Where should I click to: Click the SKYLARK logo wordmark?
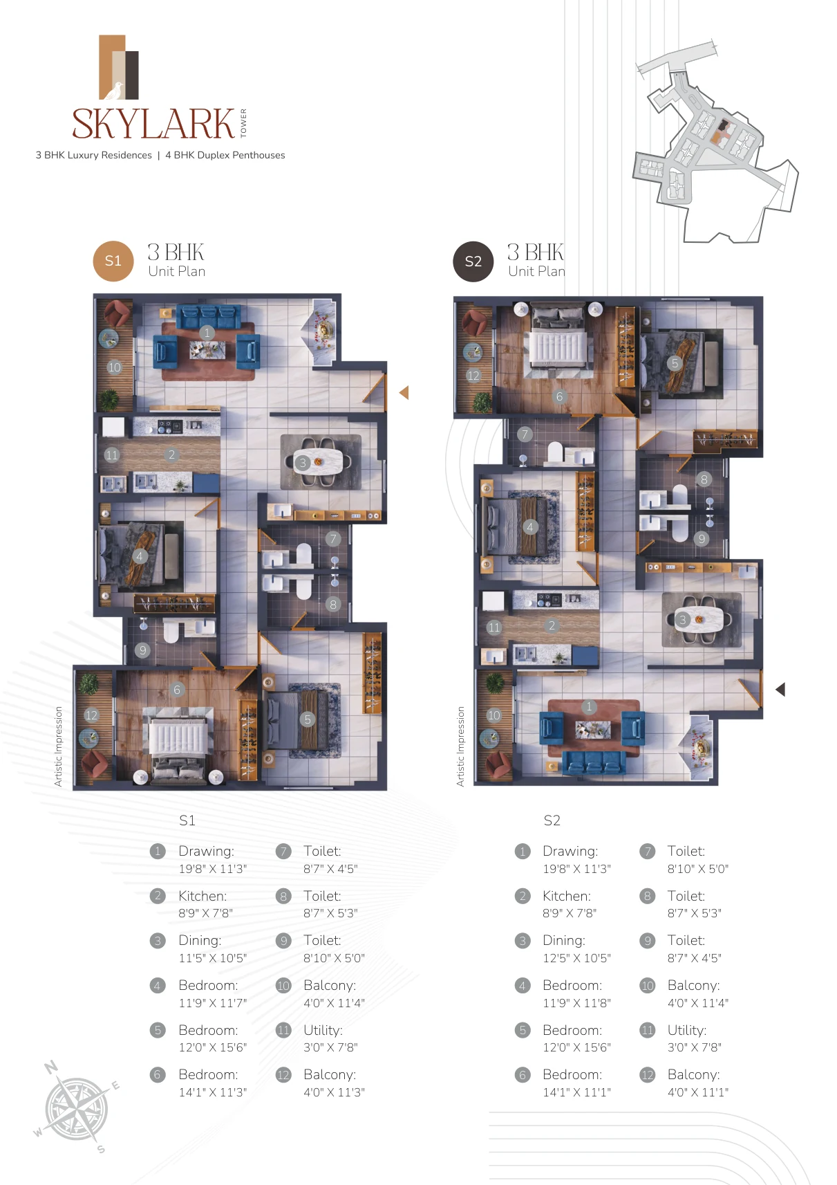(153, 124)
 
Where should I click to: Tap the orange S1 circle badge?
(113, 261)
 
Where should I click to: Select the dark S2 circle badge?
(473, 261)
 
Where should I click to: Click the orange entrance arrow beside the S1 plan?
(404, 392)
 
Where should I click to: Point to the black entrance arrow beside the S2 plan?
(780, 689)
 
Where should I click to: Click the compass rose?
(77, 1108)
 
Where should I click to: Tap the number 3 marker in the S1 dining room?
(302, 463)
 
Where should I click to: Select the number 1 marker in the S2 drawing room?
(589, 706)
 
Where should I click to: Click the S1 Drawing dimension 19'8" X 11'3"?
(212, 869)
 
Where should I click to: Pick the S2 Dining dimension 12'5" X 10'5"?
(576, 958)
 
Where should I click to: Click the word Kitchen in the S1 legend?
(203, 896)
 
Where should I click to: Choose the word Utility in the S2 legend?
(687, 1031)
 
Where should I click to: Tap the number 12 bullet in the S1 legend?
(283, 1075)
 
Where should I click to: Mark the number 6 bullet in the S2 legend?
(523, 1075)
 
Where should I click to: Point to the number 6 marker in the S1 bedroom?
(177, 689)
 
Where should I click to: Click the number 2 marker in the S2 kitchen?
(552, 626)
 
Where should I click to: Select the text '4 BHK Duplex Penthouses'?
(225, 155)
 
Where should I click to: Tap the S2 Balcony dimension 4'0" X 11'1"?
(698, 1092)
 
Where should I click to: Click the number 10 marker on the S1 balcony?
(114, 367)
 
